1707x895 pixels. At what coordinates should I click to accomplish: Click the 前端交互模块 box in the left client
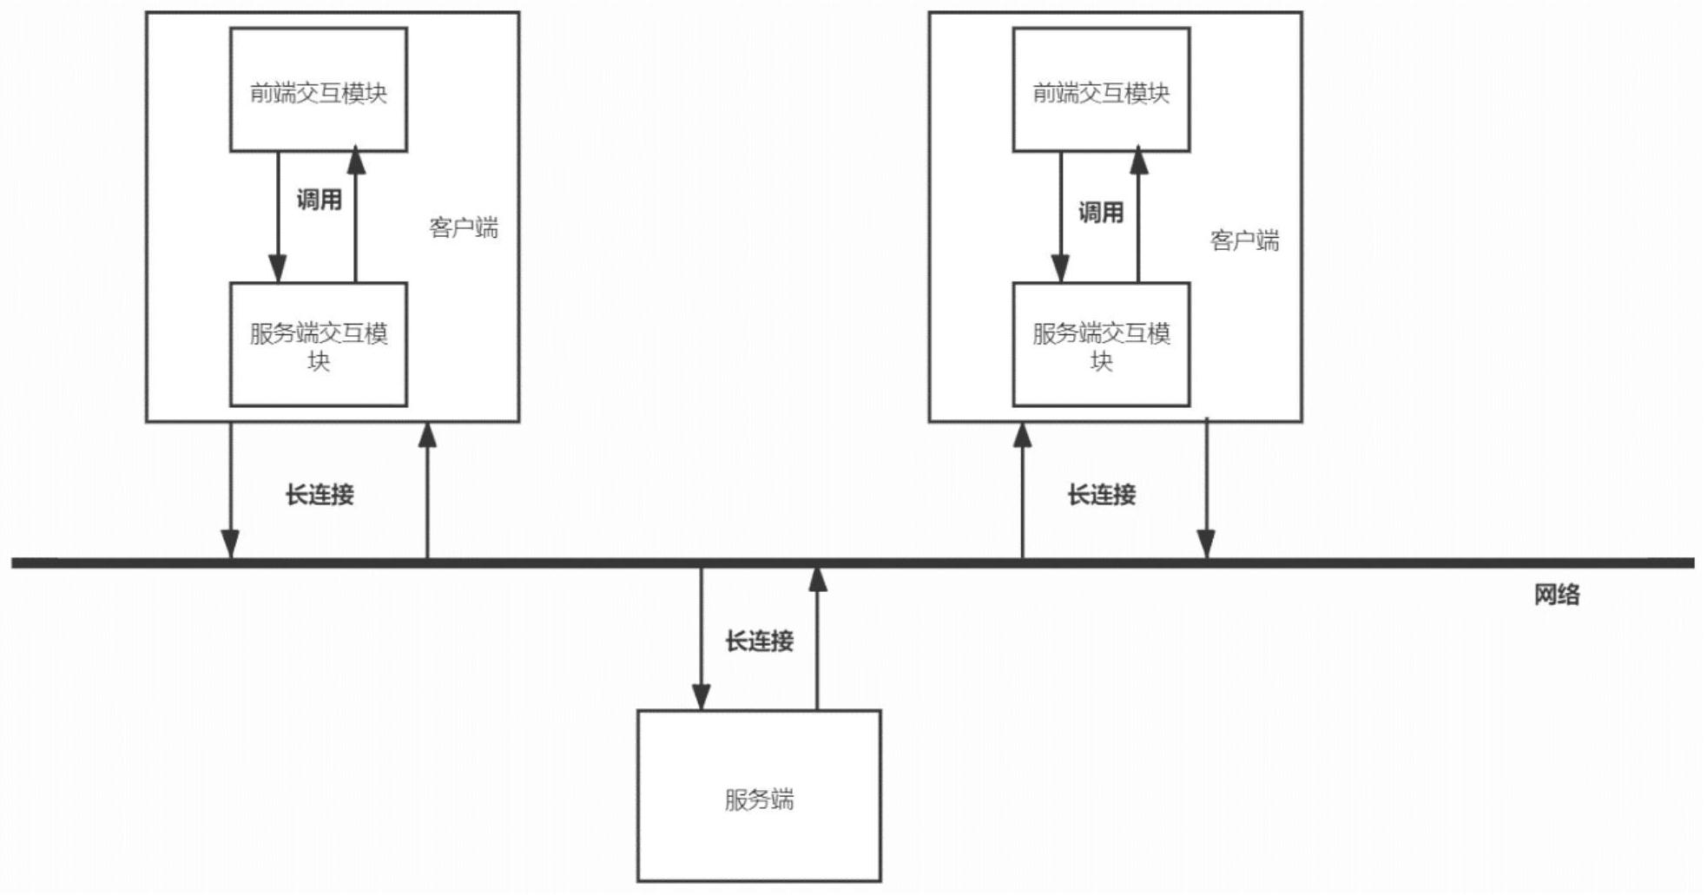click(x=318, y=90)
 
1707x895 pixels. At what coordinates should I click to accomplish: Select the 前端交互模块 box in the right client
click(x=1101, y=90)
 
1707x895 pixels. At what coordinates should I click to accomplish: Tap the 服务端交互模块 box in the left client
click(x=318, y=345)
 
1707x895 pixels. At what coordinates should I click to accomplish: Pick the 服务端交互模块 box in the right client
click(x=1101, y=345)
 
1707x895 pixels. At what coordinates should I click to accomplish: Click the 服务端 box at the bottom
click(x=759, y=796)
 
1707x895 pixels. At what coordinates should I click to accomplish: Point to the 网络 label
click(x=1556, y=596)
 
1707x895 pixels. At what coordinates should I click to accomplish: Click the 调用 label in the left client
click(x=319, y=201)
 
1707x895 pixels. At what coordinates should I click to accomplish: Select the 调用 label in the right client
click(x=1100, y=213)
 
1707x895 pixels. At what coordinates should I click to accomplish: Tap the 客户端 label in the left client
click(x=464, y=228)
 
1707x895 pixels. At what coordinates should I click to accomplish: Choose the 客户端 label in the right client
click(x=1244, y=241)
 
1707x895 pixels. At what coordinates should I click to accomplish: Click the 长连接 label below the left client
click(x=320, y=496)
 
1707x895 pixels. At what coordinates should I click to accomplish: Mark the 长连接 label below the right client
click(x=1101, y=496)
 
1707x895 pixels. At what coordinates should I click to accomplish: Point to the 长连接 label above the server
click(x=759, y=642)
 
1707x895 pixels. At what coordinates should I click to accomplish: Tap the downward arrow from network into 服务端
click(x=702, y=638)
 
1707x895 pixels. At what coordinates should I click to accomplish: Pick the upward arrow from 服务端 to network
click(x=817, y=638)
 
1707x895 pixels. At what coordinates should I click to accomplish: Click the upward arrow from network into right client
click(x=1023, y=490)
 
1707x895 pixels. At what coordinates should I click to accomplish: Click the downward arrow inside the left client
click(x=278, y=217)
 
